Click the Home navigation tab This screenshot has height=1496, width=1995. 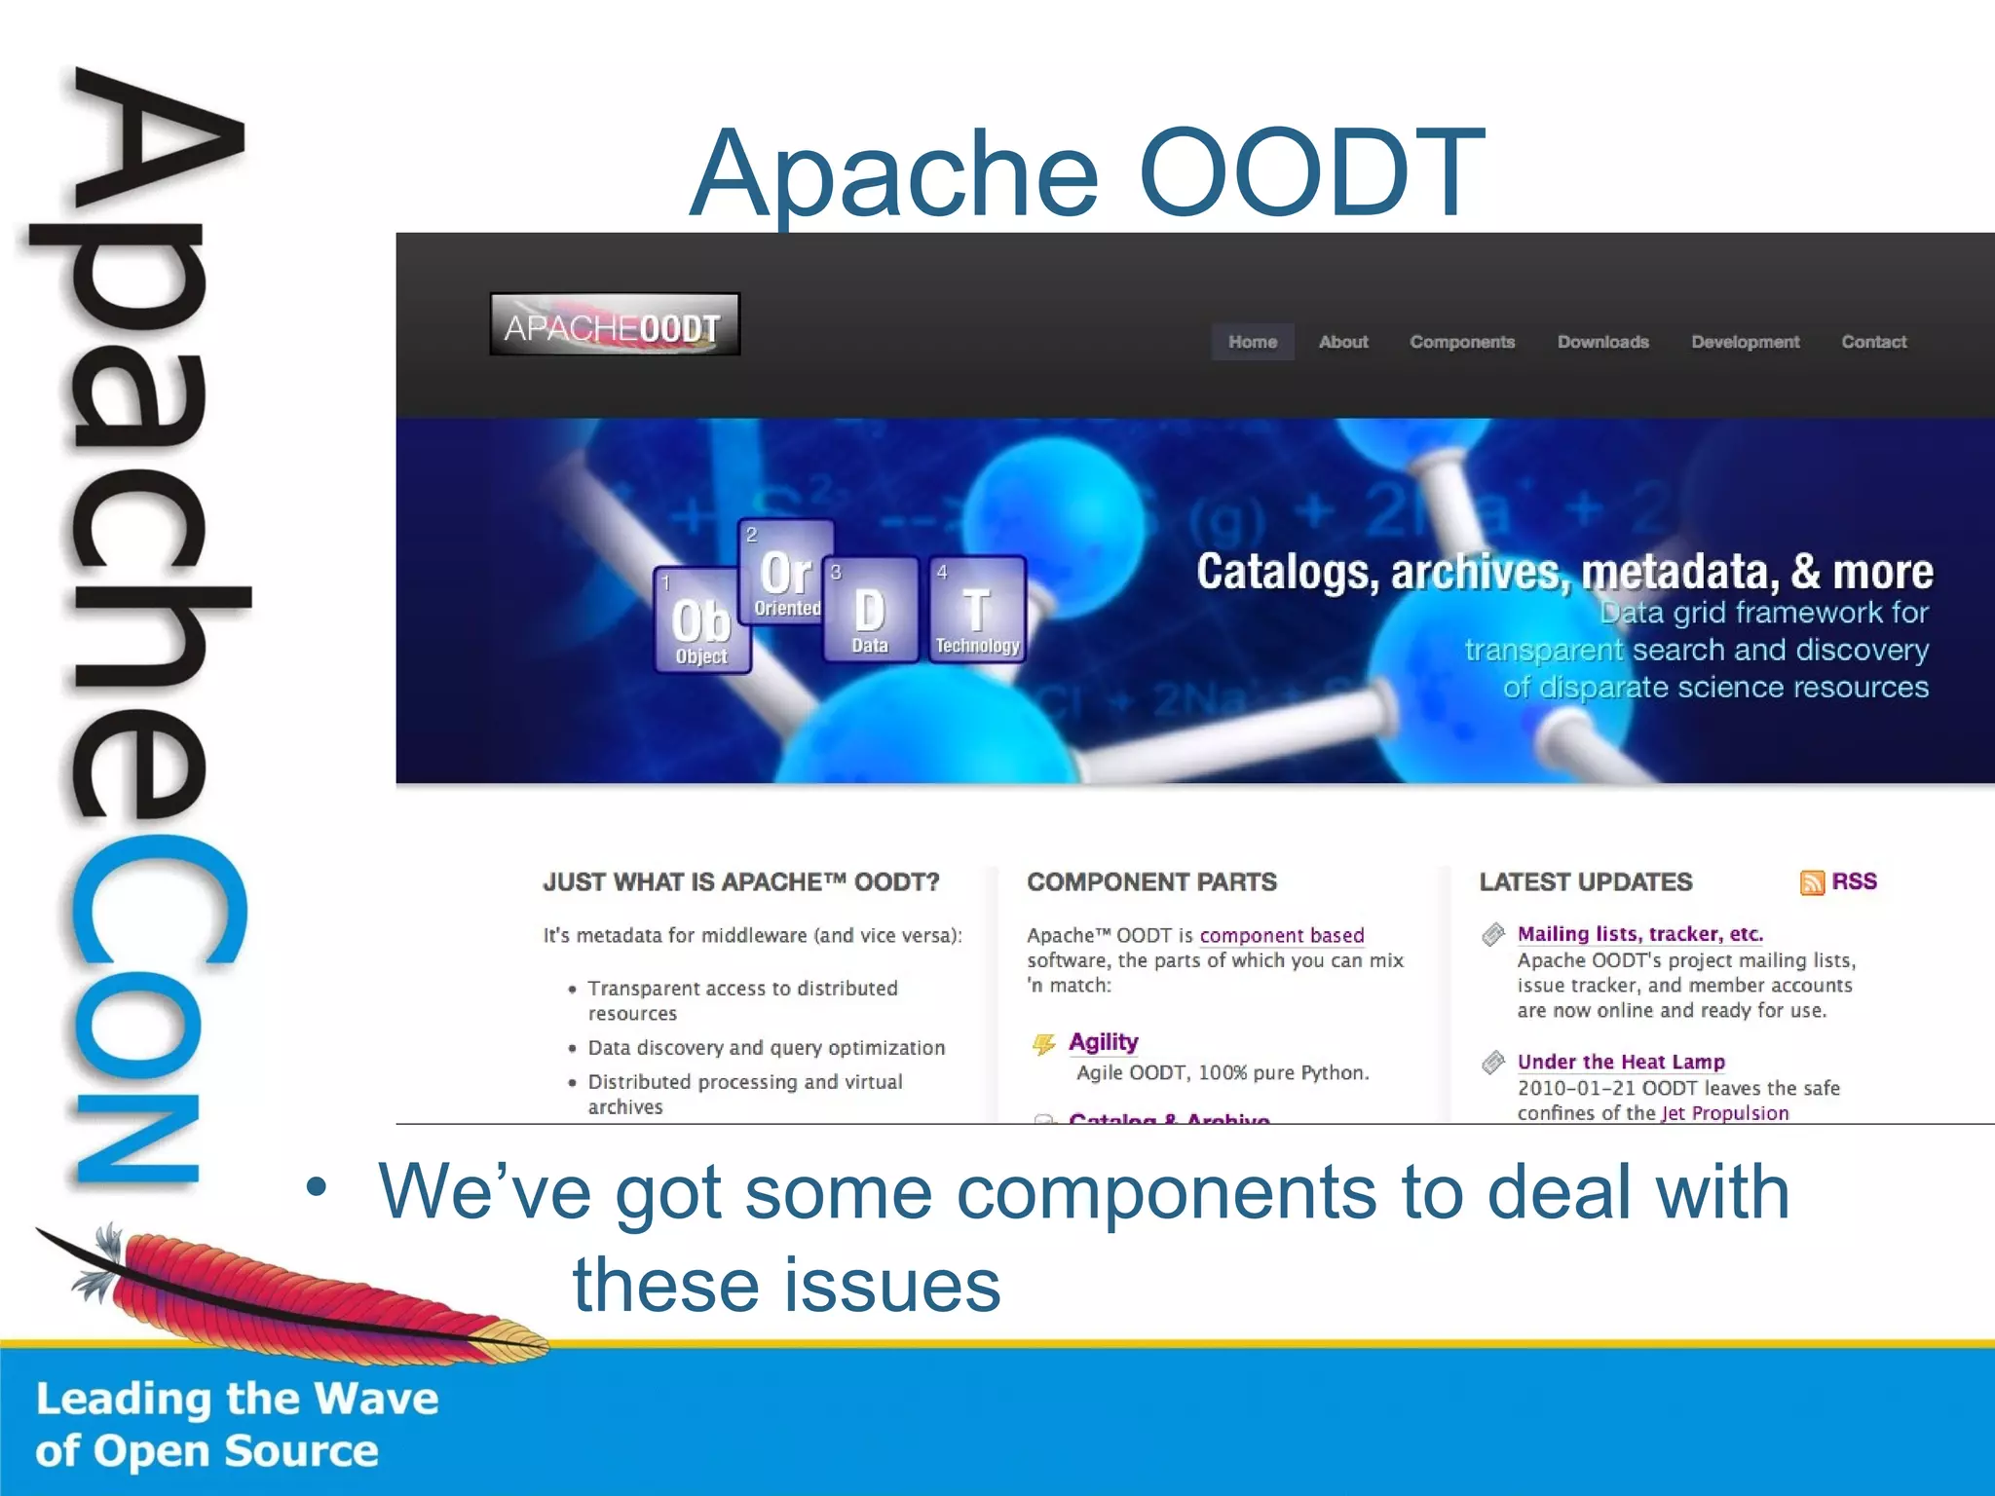[1252, 342]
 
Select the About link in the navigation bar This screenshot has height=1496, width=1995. [1342, 342]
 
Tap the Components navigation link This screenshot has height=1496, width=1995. [1461, 342]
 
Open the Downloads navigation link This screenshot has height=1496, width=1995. [1602, 342]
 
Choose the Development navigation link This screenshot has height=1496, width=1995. [1745, 342]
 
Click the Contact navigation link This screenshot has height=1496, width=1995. [1873, 342]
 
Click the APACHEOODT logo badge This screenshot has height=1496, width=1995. [614, 325]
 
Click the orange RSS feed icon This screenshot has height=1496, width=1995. [1811, 882]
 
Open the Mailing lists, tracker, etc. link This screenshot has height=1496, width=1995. [1639, 934]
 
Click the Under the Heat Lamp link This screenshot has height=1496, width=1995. [1620, 1062]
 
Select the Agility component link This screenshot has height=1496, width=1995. [1103, 1042]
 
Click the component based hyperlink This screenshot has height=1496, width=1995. [1281, 935]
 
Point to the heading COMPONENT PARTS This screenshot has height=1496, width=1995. [1151, 882]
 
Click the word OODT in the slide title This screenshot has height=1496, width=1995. [1310, 173]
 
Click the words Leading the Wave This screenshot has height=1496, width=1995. [237, 1399]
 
